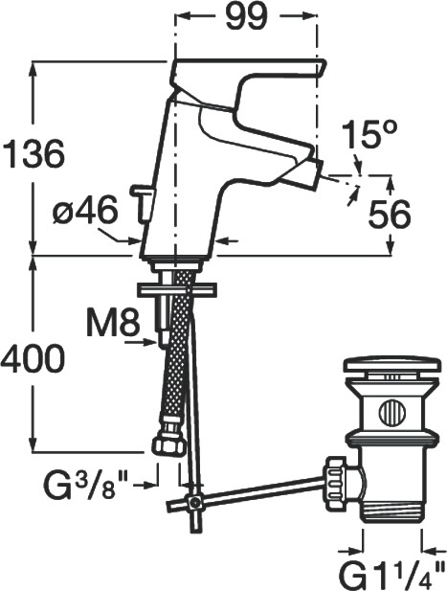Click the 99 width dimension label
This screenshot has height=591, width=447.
pos(247,16)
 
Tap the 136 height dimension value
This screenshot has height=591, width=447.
pos(33,154)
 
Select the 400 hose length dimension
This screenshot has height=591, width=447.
pos(33,359)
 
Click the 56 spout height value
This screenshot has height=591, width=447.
pos(390,215)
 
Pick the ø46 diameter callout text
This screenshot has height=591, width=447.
pos(85,211)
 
